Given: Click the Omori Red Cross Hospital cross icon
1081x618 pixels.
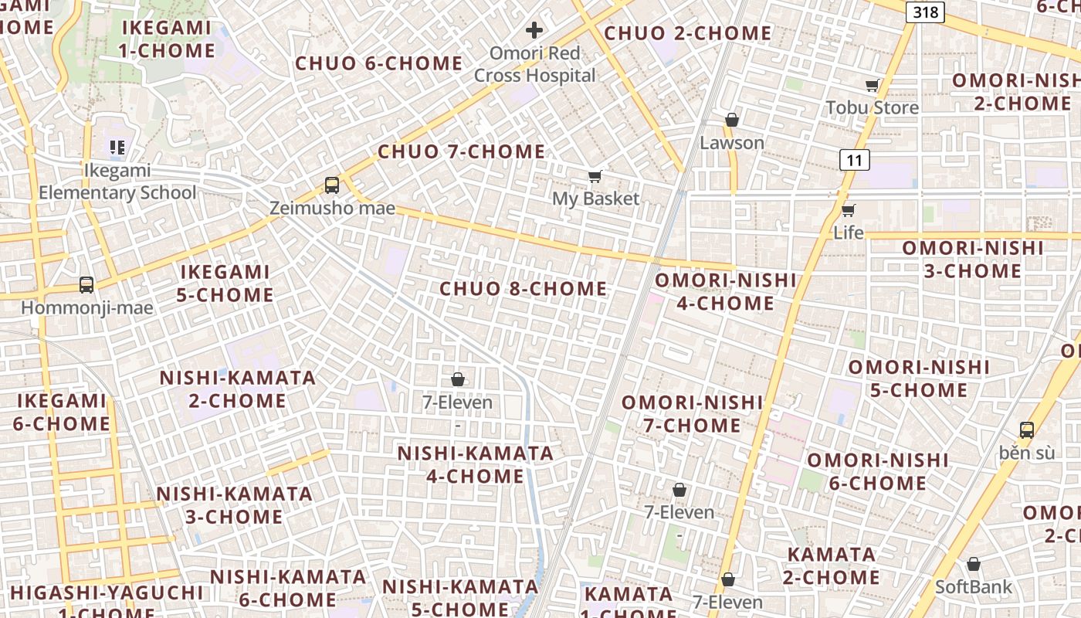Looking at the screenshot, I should pyautogui.click(x=534, y=31).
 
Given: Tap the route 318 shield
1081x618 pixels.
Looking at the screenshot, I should pyautogui.click(x=925, y=12).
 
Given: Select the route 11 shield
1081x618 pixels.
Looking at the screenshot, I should pyautogui.click(x=854, y=160).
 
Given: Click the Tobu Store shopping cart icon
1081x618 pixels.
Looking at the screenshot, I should pyautogui.click(x=873, y=86).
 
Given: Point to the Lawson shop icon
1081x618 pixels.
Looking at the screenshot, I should pyautogui.click(x=731, y=120).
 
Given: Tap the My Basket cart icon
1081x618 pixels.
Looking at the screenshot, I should pyautogui.click(x=595, y=177).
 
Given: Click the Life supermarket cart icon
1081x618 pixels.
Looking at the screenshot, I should pyautogui.click(x=849, y=210).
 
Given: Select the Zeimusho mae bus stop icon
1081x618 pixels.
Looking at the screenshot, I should pyautogui.click(x=332, y=185).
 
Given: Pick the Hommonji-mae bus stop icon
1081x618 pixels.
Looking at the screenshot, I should pyautogui.click(x=86, y=285).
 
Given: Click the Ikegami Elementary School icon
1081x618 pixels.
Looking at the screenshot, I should pyautogui.click(x=117, y=147).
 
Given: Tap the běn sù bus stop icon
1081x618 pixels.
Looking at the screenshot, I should pyautogui.click(x=1026, y=430).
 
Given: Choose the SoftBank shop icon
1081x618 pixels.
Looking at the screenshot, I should pyautogui.click(x=974, y=565).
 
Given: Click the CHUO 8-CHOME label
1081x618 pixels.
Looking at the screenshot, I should pyautogui.click(x=523, y=289).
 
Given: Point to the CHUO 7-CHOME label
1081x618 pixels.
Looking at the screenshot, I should pyautogui.click(x=461, y=151).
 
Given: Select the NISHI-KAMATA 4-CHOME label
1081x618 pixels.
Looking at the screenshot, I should pyautogui.click(x=476, y=464).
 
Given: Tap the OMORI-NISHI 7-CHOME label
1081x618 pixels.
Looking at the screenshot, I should pyautogui.click(x=692, y=413).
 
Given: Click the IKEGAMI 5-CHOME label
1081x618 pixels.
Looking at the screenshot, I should pyautogui.click(x=225, y=283).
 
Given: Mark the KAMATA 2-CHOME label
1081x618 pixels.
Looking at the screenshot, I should pyautogui.click(x=832, y=565).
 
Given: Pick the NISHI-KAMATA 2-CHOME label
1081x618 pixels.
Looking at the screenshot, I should pyautogui.click(x=237, y=389).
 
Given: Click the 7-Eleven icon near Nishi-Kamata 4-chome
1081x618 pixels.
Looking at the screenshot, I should pyautogui.click(x=458, y=379).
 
